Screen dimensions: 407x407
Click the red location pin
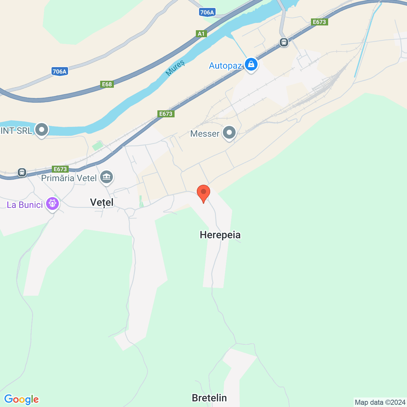click(x=203, y=193)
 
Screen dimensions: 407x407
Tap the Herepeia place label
click(x=220, y=235)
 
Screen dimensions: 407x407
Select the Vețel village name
click(x=102, y=202)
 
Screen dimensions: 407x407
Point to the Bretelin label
click(x=209, y=398)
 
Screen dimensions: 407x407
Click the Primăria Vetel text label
click(x=69, y=178)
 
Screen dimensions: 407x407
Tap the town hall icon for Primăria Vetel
click(x=107, y=177)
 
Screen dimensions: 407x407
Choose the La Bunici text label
click(x=25, y=205)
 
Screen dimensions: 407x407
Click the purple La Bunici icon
click(x=52, y=203)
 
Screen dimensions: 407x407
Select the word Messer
click(x=205, y=134)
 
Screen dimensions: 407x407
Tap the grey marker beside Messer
click(x=229, y=133)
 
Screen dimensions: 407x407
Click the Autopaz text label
click(x=225, y=66)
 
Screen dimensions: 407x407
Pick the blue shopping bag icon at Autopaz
click(x=251, y=65)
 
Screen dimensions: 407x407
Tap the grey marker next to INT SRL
click(x=42, y=130)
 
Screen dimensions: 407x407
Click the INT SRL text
click(x=16, y=131)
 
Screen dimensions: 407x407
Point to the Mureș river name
click(x=175, y=68)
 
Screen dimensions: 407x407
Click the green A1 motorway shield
click(x=201, y=34)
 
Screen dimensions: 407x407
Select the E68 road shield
click(x=107, y=84)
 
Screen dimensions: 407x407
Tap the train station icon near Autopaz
click(x=284, y=42)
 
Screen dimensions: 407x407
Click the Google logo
click(x=21, y=399)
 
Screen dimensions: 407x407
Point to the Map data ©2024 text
click(x=380, y=403)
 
